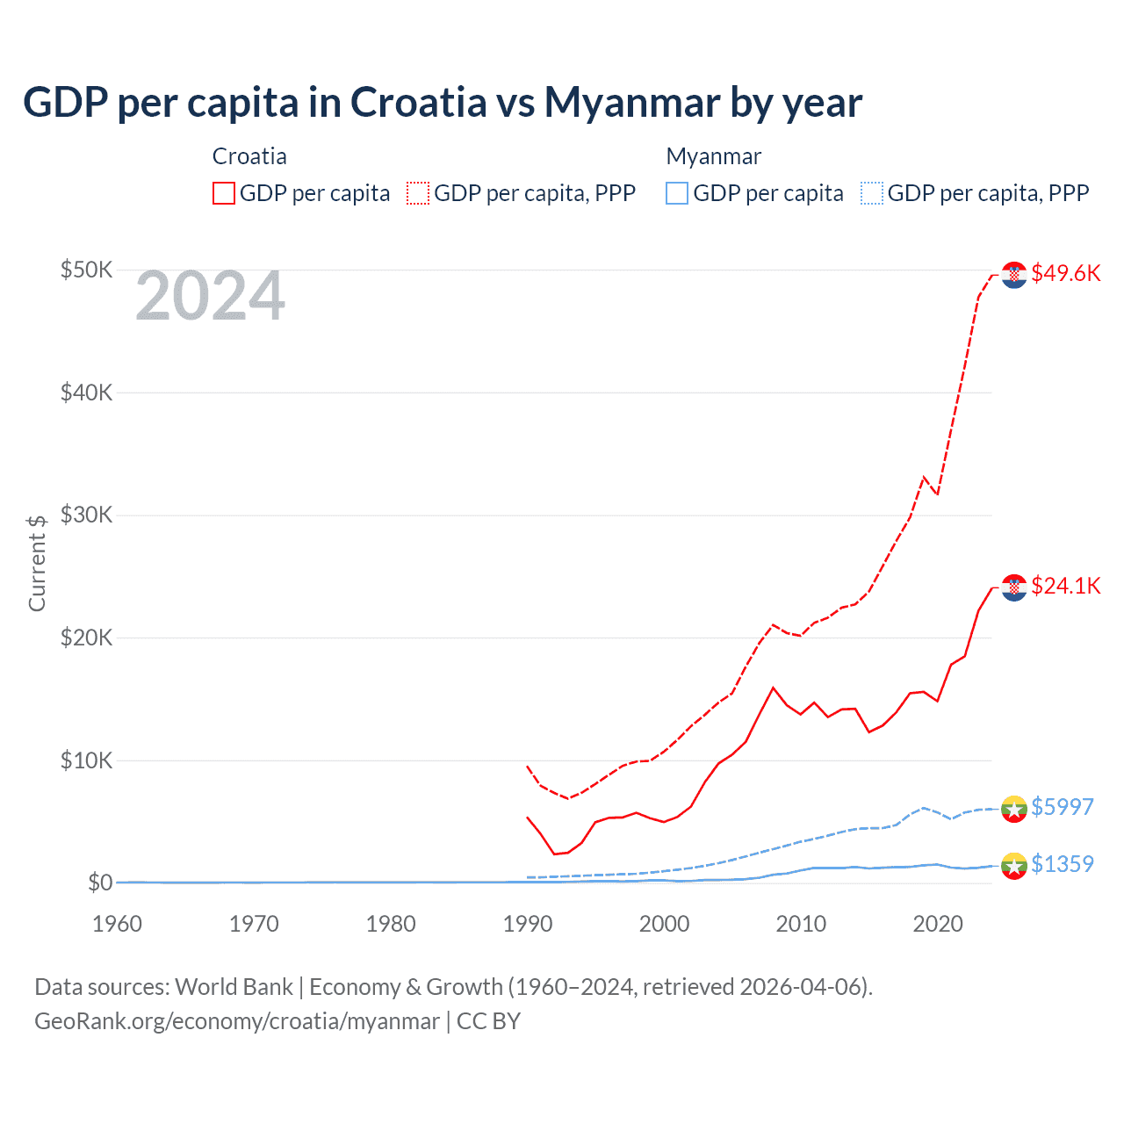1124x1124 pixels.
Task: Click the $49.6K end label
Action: click(x=1065, y=273)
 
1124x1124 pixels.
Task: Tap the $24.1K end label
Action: click(x=1065, y=586)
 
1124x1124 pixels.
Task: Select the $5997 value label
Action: click(x=1062, y=807)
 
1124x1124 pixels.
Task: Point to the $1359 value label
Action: click(x=1062, y=864)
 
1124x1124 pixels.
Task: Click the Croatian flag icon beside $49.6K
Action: click(x=1014, y=275)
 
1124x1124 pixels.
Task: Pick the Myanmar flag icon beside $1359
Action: click(x=1014, y=866)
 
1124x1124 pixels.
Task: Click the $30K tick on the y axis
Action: click(x=86, y=515)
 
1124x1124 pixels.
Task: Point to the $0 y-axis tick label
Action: click(x=99, y=883)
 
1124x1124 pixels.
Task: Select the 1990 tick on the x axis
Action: click(x=528, y=924)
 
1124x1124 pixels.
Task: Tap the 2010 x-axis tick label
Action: click(x=801, y=924)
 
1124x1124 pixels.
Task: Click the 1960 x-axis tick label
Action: click(x=118, y=924)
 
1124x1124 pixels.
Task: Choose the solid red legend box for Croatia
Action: click(x=224, y=193)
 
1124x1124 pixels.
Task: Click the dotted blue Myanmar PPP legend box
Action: click(x=872, y=193)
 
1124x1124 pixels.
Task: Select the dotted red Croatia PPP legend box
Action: click(x=418, y=193)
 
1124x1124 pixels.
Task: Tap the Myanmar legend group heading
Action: click(x=713, y=156)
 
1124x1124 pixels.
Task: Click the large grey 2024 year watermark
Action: click(x=210, y=296)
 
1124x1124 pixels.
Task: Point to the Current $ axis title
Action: click(x=37, y=563)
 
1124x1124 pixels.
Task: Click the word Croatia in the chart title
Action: click(x=418, y=102)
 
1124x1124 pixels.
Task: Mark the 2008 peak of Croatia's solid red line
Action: click(x=773, y=688)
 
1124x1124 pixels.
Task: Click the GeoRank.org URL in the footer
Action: click(x=237, y=1021)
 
